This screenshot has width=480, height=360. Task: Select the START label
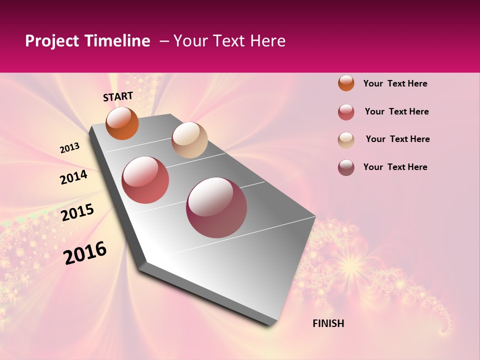point(118,96)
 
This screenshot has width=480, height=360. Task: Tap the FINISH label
point(328,323)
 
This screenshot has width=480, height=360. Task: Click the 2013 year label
point(69,148)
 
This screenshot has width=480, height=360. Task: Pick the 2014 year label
point(73,177)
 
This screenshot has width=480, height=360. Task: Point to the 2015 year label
point(77,212)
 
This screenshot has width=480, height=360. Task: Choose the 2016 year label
point(85,253)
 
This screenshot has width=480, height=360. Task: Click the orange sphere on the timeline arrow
point(122,123)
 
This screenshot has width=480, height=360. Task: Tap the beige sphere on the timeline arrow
point(189,140)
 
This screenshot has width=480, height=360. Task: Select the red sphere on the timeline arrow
point(145,180)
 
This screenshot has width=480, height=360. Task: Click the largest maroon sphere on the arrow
point(216,207)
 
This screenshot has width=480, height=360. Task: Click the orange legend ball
point(346,83)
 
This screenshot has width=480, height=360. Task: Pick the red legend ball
point(346,112)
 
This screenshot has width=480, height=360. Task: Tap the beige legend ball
point(346,140)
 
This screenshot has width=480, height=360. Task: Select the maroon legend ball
point(346,167)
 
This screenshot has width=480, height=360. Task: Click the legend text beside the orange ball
point(395,83)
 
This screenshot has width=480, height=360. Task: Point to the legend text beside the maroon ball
point(395,167)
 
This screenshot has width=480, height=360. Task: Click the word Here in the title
point(267,41)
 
